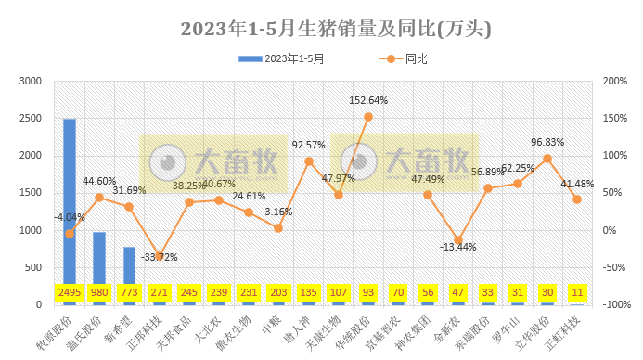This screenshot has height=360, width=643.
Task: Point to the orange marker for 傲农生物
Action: click(x=249, y=212)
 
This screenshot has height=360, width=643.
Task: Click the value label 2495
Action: click(x=70, y=293)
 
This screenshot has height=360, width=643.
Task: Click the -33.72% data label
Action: click(x=159, y=257)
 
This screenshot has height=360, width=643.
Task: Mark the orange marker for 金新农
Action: click(x=457, y=240)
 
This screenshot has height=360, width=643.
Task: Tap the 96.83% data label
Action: click(x=547, y=142)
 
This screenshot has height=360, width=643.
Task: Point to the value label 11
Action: click(x=577, y=293)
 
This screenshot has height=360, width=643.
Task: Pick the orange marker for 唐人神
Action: click(x=308, y=161)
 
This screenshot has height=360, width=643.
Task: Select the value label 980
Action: click(x=99, y=293)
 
